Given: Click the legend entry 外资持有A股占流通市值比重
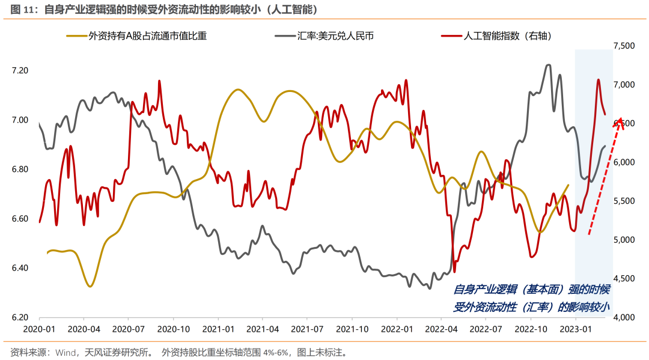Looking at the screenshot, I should [147, 36].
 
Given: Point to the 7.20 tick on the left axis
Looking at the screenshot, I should [20, 70].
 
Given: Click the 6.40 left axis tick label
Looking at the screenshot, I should [20, 268].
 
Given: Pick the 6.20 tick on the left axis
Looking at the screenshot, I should [20, 317].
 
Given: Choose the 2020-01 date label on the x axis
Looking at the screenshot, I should [39, 329].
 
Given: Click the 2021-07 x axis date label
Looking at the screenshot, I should [308, 329].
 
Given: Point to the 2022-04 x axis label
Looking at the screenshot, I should [442, 329].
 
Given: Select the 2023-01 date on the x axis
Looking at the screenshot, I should [576, 329].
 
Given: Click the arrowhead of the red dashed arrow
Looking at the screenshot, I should [620, 122].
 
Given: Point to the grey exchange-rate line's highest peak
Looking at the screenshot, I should [547, 65].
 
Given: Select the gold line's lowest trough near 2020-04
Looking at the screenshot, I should [90, 286].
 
